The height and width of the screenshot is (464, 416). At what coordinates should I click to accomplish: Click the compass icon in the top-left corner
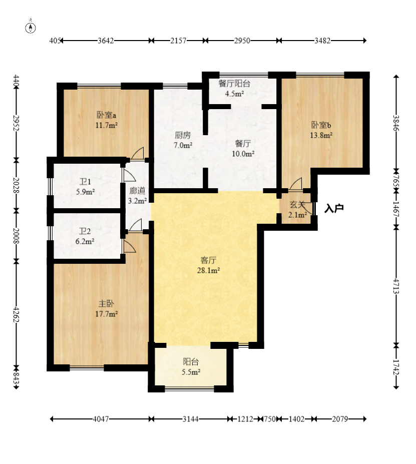tap(31, 28)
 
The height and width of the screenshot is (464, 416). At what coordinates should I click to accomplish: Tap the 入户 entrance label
tap(334, 208)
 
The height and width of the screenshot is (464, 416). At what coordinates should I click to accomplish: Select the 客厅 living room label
tap(208, 260)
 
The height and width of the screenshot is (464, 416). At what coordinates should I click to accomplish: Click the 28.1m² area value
tap(208, 270)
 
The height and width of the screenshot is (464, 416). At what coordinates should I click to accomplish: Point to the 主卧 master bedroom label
tap(106, 304)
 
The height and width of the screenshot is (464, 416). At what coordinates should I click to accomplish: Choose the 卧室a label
tap(106, 115)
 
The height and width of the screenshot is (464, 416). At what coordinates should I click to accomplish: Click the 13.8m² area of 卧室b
tap(321, 135)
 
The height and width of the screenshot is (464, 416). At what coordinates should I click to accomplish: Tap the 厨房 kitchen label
tap(183, 135)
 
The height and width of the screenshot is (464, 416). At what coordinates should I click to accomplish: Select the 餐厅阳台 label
tap(234, 84)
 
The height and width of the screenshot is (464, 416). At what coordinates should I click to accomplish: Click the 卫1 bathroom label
tap(85, 181)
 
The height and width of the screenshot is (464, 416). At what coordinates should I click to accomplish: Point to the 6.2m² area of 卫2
tap(85, 241)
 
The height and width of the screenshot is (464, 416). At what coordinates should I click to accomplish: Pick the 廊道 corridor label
tap(137, 191)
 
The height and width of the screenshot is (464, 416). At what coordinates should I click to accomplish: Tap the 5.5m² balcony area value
tap(191, 372)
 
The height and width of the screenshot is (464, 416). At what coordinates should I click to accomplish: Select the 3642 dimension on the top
tap(106, 41)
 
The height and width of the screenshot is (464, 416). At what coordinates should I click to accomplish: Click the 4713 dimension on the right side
tap(396, 286)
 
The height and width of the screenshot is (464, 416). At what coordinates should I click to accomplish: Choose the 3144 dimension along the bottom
tap(191, 419)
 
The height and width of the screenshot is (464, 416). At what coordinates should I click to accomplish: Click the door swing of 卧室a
tap(138, 153)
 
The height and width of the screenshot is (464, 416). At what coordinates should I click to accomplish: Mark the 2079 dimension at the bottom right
tap(340, 419)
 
